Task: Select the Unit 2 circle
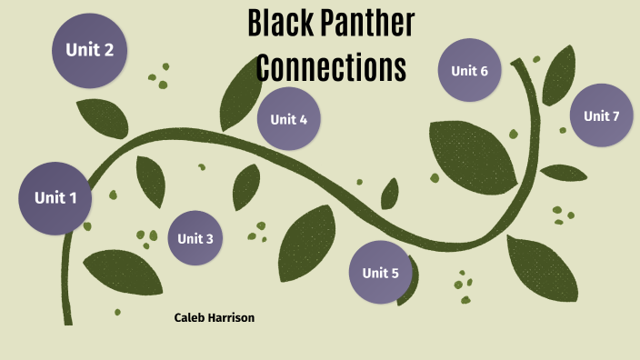89,50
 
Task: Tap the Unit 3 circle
195,238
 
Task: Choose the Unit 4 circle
289,119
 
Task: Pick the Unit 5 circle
380,272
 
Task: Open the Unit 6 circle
470,70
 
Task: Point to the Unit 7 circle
601,115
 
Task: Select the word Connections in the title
330,68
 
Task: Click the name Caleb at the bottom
190,318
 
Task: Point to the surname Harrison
232,318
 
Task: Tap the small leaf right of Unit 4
390,194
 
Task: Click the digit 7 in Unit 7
615,115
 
